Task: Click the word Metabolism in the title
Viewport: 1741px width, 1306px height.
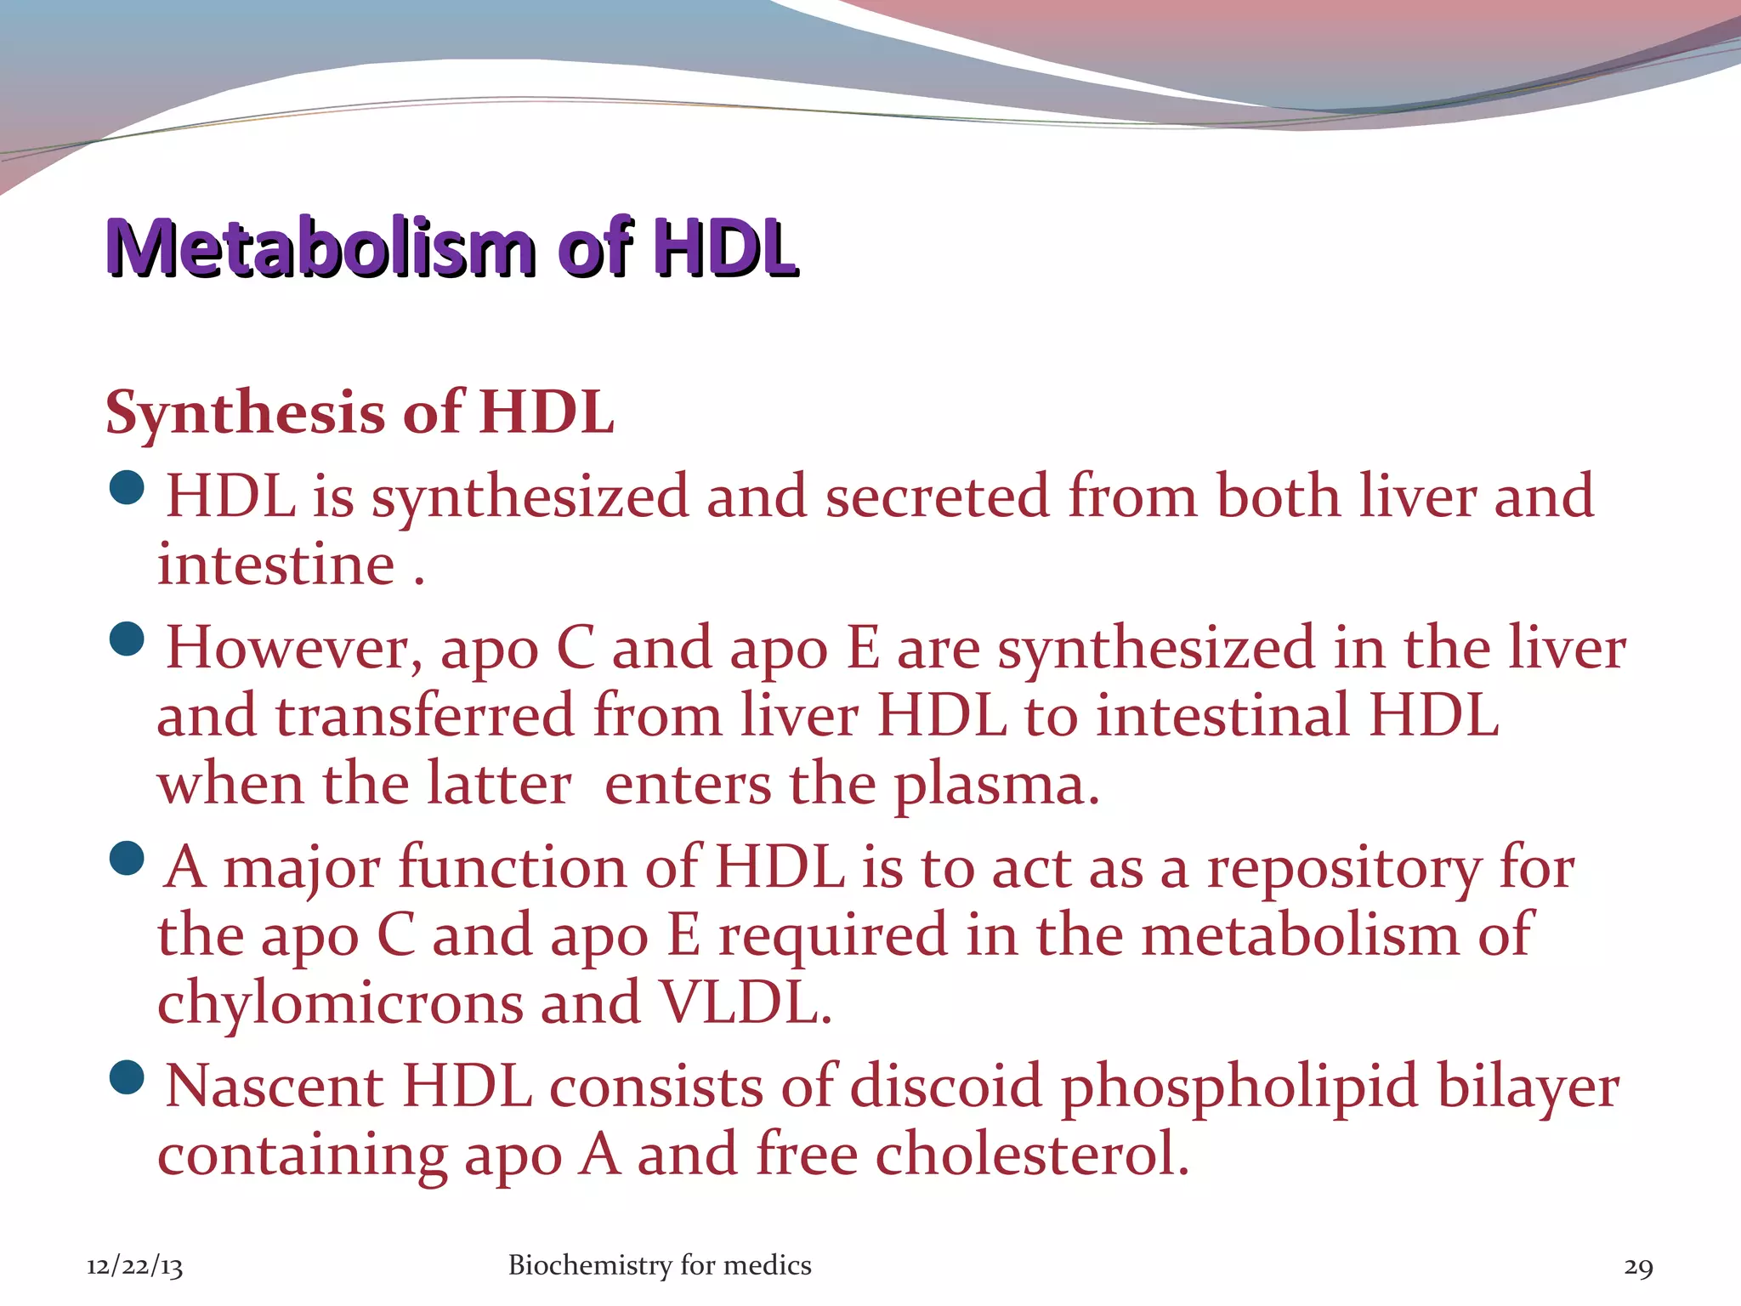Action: point(321,247)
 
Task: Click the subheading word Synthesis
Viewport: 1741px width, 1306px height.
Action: point(245,413)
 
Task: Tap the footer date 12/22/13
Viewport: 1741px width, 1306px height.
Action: point(134,1267)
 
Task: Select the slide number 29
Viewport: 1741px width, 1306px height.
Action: point(1638,1267)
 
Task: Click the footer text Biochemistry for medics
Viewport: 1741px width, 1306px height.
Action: point(660,1265)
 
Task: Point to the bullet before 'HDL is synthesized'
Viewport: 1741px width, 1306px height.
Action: point(128,488)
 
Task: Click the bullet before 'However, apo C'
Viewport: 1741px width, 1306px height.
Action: point(128,640)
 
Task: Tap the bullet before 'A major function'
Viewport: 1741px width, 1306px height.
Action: point(128,860)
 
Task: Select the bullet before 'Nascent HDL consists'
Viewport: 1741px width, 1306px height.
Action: point(128,1078)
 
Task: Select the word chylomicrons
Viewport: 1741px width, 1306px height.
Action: point(340,1003)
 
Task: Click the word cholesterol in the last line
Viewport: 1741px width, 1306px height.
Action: point(1031,1156)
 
